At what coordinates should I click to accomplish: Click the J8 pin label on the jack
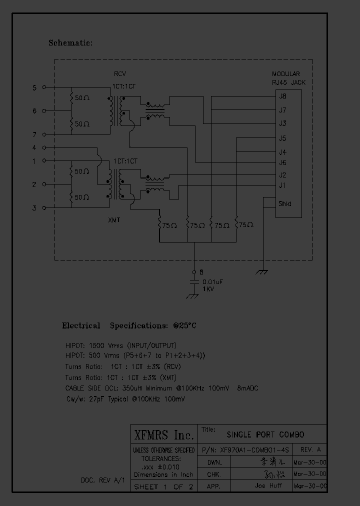[x=282, y=96]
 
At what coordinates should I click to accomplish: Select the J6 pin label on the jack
[x=282, y=162]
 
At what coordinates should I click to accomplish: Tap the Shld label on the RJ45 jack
[x=285, y=203]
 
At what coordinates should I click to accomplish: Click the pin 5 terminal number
[x=34, y=87]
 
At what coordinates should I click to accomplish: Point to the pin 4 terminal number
[x=34, y=147]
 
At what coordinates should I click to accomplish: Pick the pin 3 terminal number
[x=34, y=208]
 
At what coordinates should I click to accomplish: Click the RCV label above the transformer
[x=119, y=74]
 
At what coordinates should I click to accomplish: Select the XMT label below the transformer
[x=114, y=219]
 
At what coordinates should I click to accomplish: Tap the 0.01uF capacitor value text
[x=212, y=282]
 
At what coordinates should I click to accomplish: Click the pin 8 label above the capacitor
[x=201, y=272]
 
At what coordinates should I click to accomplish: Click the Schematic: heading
[x=70, y=43]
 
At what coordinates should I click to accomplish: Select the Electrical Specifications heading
[x=129, y=325]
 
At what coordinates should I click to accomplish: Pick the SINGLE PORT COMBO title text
[x=265, y=434]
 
